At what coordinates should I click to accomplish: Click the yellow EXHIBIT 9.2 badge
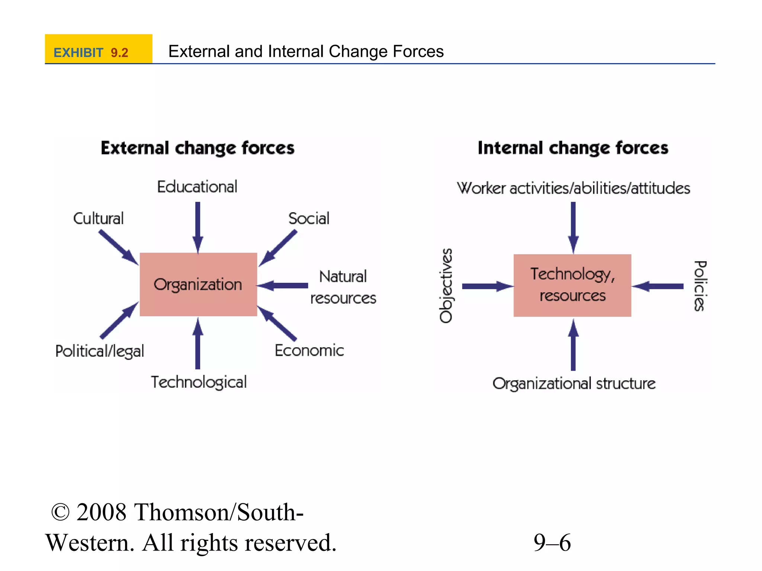(98, 49)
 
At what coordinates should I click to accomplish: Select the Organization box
(198, 284)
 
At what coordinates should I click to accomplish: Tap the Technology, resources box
(572, 285)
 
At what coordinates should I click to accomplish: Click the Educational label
(197, 187)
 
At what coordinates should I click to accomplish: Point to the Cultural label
(98, 218)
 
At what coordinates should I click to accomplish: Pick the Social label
(309, 218)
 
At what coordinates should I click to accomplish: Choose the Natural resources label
(343, 287)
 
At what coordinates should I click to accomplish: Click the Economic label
(309, 351)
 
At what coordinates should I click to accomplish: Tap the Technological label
(199, 382)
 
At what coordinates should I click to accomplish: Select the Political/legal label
(100, 351)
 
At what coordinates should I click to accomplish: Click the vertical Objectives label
(446, 285)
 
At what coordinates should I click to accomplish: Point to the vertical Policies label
(700, 285)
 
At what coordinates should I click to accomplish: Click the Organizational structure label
(574, 383)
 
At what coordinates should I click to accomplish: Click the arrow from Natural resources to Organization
(283, 285)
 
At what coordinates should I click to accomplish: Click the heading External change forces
(198, 148)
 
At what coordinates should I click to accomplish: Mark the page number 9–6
(552, 542)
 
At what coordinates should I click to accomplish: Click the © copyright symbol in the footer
(60, 512)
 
